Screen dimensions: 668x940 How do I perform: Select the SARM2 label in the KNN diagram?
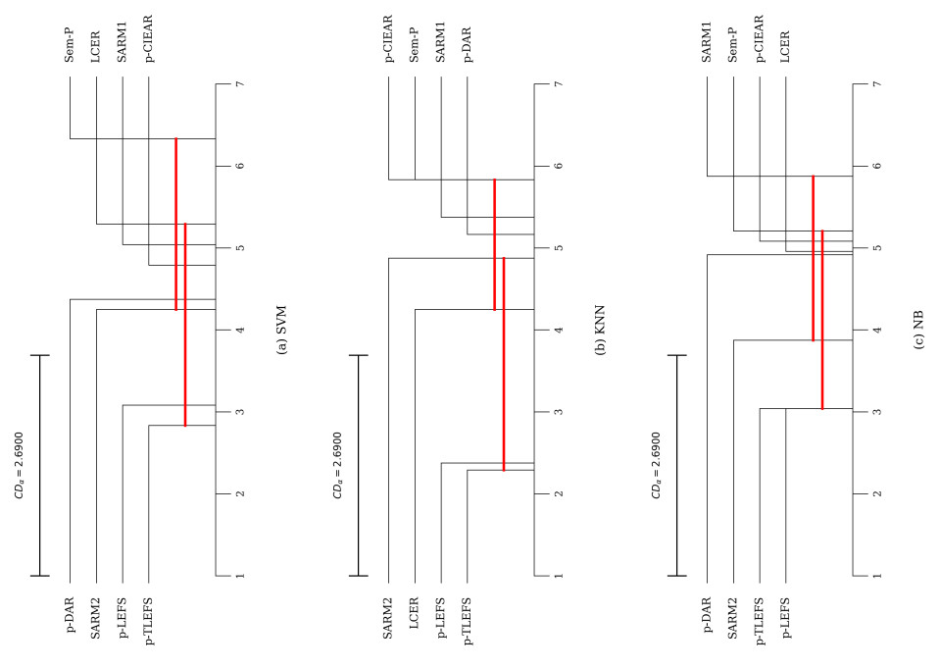click(388, 624)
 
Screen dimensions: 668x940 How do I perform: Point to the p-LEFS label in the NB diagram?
click(786, 621)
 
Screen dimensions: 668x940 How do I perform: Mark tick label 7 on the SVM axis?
click(239, 85)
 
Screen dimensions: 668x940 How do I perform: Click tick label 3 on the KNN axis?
click(558, 412)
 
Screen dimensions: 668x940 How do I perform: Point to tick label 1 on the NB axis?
click(876, 576)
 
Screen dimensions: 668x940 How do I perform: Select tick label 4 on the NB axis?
click(876, 331)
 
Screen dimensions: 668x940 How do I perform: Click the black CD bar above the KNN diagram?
click(358, 465)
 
